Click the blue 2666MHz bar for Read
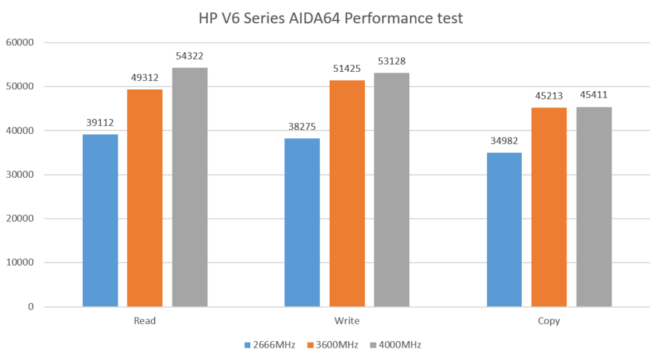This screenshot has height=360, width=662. click(x=100, y=220)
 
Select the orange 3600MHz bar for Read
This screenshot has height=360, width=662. click(x=145, y=198)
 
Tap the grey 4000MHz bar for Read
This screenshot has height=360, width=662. click(x=189, y=187)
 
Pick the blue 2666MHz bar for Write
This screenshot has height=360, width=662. click(x=302, y=222)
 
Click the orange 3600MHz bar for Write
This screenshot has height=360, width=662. click(x=347, y=193)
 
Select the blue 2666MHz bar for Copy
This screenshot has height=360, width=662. click(x=504, y=229)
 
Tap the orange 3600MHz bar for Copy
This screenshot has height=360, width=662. click(x=549, y=207)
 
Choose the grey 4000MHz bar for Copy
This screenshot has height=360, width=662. click(x=593, y=206)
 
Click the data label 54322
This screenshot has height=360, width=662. click(x=189, y=57)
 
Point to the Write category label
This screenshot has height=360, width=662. click(x=347, y=321)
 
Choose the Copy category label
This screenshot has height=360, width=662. click(x=549, y=321)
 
